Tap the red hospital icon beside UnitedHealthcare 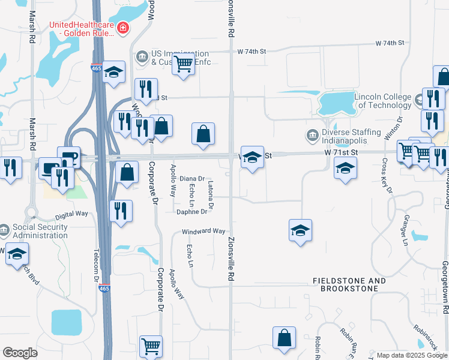coord(124,27)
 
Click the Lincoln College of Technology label coord(382,101)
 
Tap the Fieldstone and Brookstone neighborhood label coord(349,284)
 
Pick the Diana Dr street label coord(192,179)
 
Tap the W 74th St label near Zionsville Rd coord(252,52)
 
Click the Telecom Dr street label coord(96,265)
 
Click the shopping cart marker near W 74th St coord(184,64)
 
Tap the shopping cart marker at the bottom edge coord(151,346)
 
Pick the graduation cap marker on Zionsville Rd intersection coord(252,158)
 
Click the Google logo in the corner coord(20,353)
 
